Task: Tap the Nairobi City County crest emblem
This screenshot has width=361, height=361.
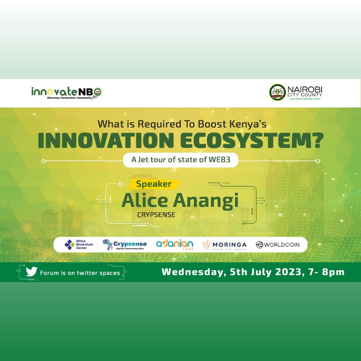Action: tap(277, 92)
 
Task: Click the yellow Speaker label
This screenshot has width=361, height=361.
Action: tap(154, 184)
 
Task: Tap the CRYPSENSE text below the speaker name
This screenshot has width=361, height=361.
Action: tap(156, 215)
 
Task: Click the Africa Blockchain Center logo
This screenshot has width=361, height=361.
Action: tap(79, 245)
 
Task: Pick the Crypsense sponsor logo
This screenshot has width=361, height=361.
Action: tap(124, 245)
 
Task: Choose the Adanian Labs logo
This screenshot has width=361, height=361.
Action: tap(174, 245)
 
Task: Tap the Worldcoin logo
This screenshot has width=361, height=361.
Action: tap(277, 245)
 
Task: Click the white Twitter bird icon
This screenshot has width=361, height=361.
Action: tap(31, 272)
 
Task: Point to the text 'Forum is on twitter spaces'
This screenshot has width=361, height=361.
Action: tap(80, 273)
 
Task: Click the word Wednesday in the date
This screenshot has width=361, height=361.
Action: tap(192, 272)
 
